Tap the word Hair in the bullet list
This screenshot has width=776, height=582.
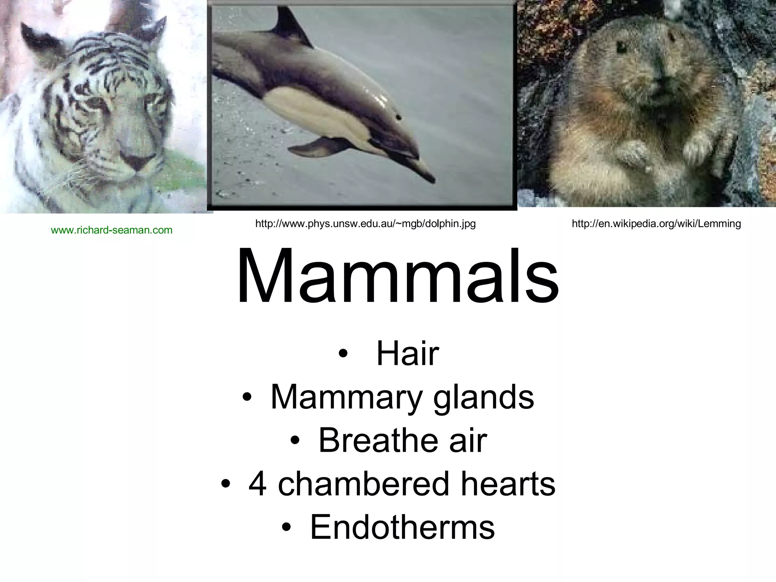pyautogui.click(x=407, y=354)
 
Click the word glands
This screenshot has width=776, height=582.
pyautogui.click(x=483, y=398)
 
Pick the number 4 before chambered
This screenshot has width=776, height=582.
pyautogui.click(x=257, y=484)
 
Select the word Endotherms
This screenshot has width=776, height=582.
pyautogui.click(x=402, y=527)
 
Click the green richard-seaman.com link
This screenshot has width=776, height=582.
pyautogui.click(x=111, y=230)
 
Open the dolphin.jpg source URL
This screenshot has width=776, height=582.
pyautogui.click(x=365, y=224)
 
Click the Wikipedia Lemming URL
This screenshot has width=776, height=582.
pyautogui.click(x=656, y=224)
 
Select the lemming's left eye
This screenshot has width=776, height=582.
pyautogui.click(x=622, y=48)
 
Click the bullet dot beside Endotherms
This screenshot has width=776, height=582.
pyautogui.click(x=287, y=528)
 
